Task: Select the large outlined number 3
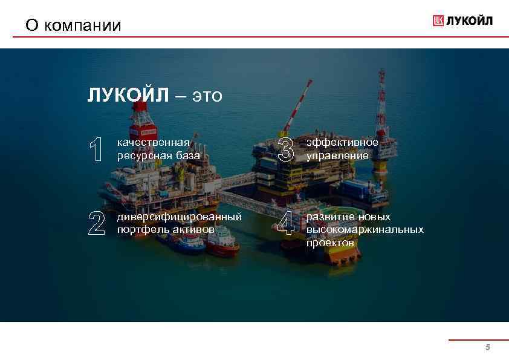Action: click(285, 149)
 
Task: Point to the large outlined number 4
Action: click(285, 223)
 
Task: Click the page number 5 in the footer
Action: click(487, 348)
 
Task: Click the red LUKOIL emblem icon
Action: click(438, 21)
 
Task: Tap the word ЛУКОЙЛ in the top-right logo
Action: click(470, 21)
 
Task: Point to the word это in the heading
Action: click(207, 96)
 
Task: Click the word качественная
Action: click(153, 142)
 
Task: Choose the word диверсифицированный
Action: click(179, 217)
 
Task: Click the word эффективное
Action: click(342, 142)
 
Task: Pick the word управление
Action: click(337, 155)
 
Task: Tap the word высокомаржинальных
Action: click(365, 230)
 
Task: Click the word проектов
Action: click(330, 243)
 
